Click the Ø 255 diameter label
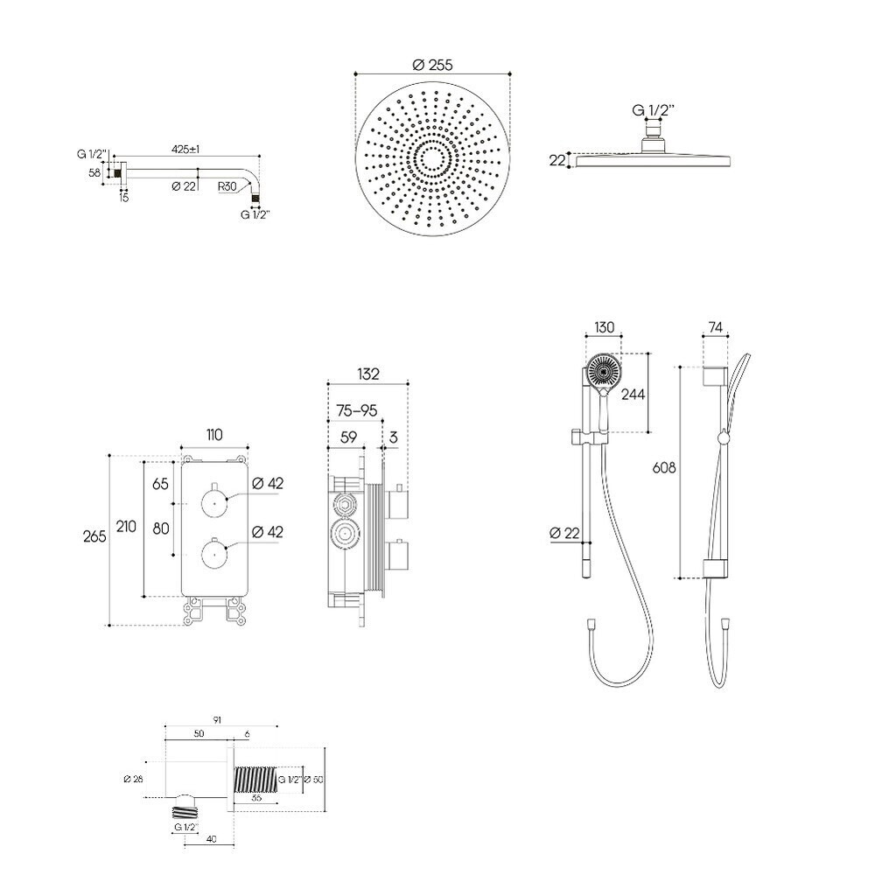(x=432, y=65)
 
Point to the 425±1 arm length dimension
(x=185, y=150)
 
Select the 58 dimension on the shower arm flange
(x=94, y=174)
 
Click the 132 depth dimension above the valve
(x=367, y=374)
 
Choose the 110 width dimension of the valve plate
(x=214, y=435)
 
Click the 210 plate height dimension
(x=127, y=526)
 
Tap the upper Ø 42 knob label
(x=267, y=483)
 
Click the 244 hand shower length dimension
(x=632, y=394)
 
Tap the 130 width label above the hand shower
(x=604, y=328)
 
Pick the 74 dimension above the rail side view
(x=715, y=328)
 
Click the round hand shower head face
(x=603, y=371)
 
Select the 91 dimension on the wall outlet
(x=218, y=719)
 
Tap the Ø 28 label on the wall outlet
(x=133, y=778)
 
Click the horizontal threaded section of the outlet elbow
(x=255, y=777)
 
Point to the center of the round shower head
(x=432, y=159)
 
